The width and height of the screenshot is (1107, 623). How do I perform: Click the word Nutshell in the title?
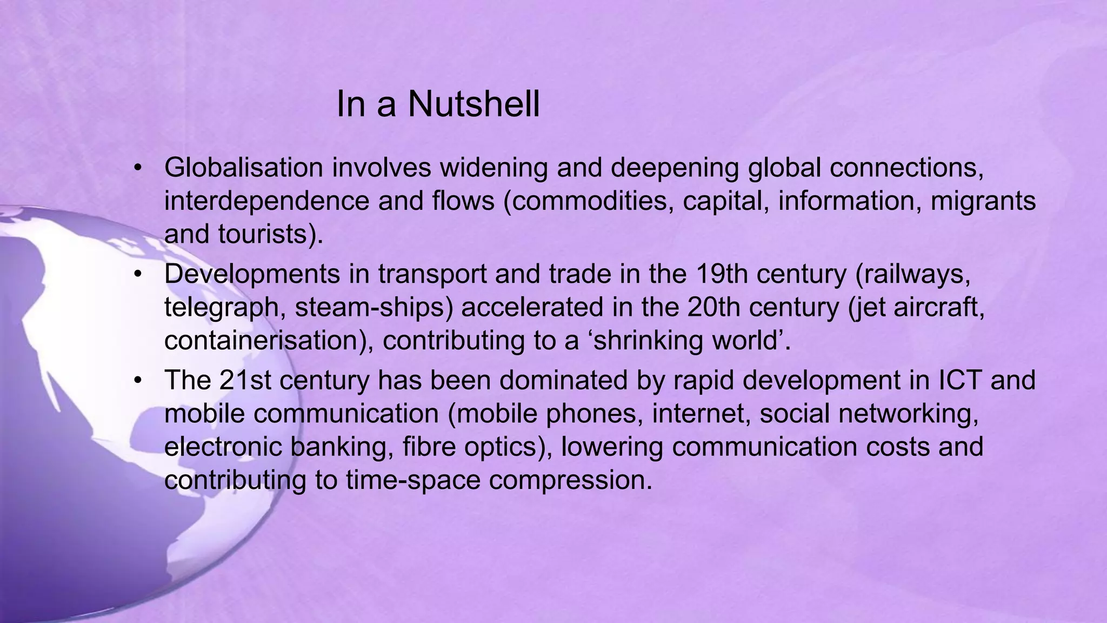click(x=474, y=104)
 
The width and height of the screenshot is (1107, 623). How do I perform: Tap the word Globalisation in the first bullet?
click(x=243, y=168)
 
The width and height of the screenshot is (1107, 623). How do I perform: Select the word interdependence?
click(x=266, y=201)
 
